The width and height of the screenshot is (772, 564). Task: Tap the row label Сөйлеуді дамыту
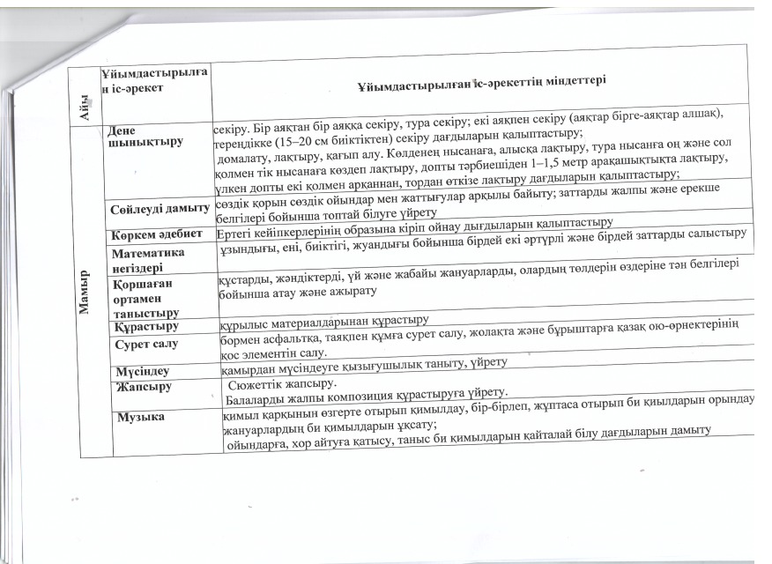pos(160,208)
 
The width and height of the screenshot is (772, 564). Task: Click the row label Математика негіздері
pos(146,256)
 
